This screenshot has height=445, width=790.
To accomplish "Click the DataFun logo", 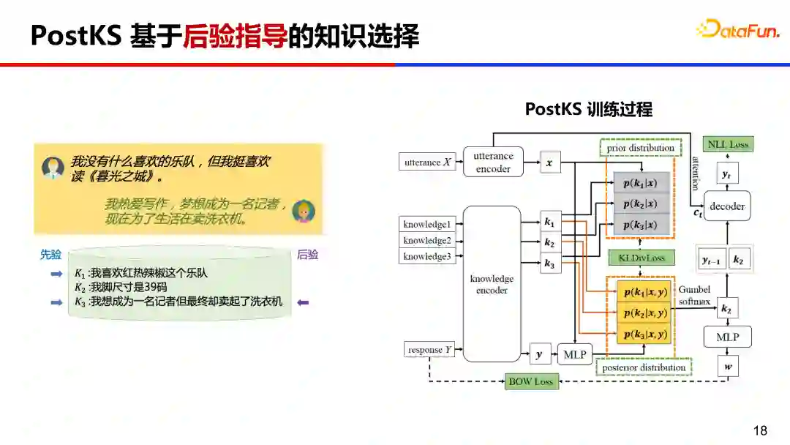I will coord(738,29).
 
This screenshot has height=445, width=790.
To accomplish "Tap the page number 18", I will coord(761,430).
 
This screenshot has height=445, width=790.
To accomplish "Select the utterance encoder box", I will coord(493,162).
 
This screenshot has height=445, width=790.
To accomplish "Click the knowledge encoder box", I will coord(492,284).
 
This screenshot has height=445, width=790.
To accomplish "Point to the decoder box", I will coord(727,206).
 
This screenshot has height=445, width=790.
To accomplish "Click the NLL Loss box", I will coord(728,145).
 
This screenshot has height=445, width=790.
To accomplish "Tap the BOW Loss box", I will coord(532,381).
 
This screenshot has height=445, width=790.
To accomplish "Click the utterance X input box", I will coord(428,162).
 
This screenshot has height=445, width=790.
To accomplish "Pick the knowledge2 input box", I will coord(428,240).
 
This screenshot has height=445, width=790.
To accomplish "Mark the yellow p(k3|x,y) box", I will coord(644,334).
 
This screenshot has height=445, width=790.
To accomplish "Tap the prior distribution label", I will coord(641,148).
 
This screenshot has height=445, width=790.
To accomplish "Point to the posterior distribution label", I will coord(642,367).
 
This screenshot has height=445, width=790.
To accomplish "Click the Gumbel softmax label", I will coord(694,295).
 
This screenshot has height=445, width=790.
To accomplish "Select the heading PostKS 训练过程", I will coord(588,110).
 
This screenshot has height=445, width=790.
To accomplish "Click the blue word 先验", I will coord(51,255).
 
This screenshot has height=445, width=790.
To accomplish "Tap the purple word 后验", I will coord(307,255).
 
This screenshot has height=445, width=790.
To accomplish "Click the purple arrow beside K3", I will coord(303,302).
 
